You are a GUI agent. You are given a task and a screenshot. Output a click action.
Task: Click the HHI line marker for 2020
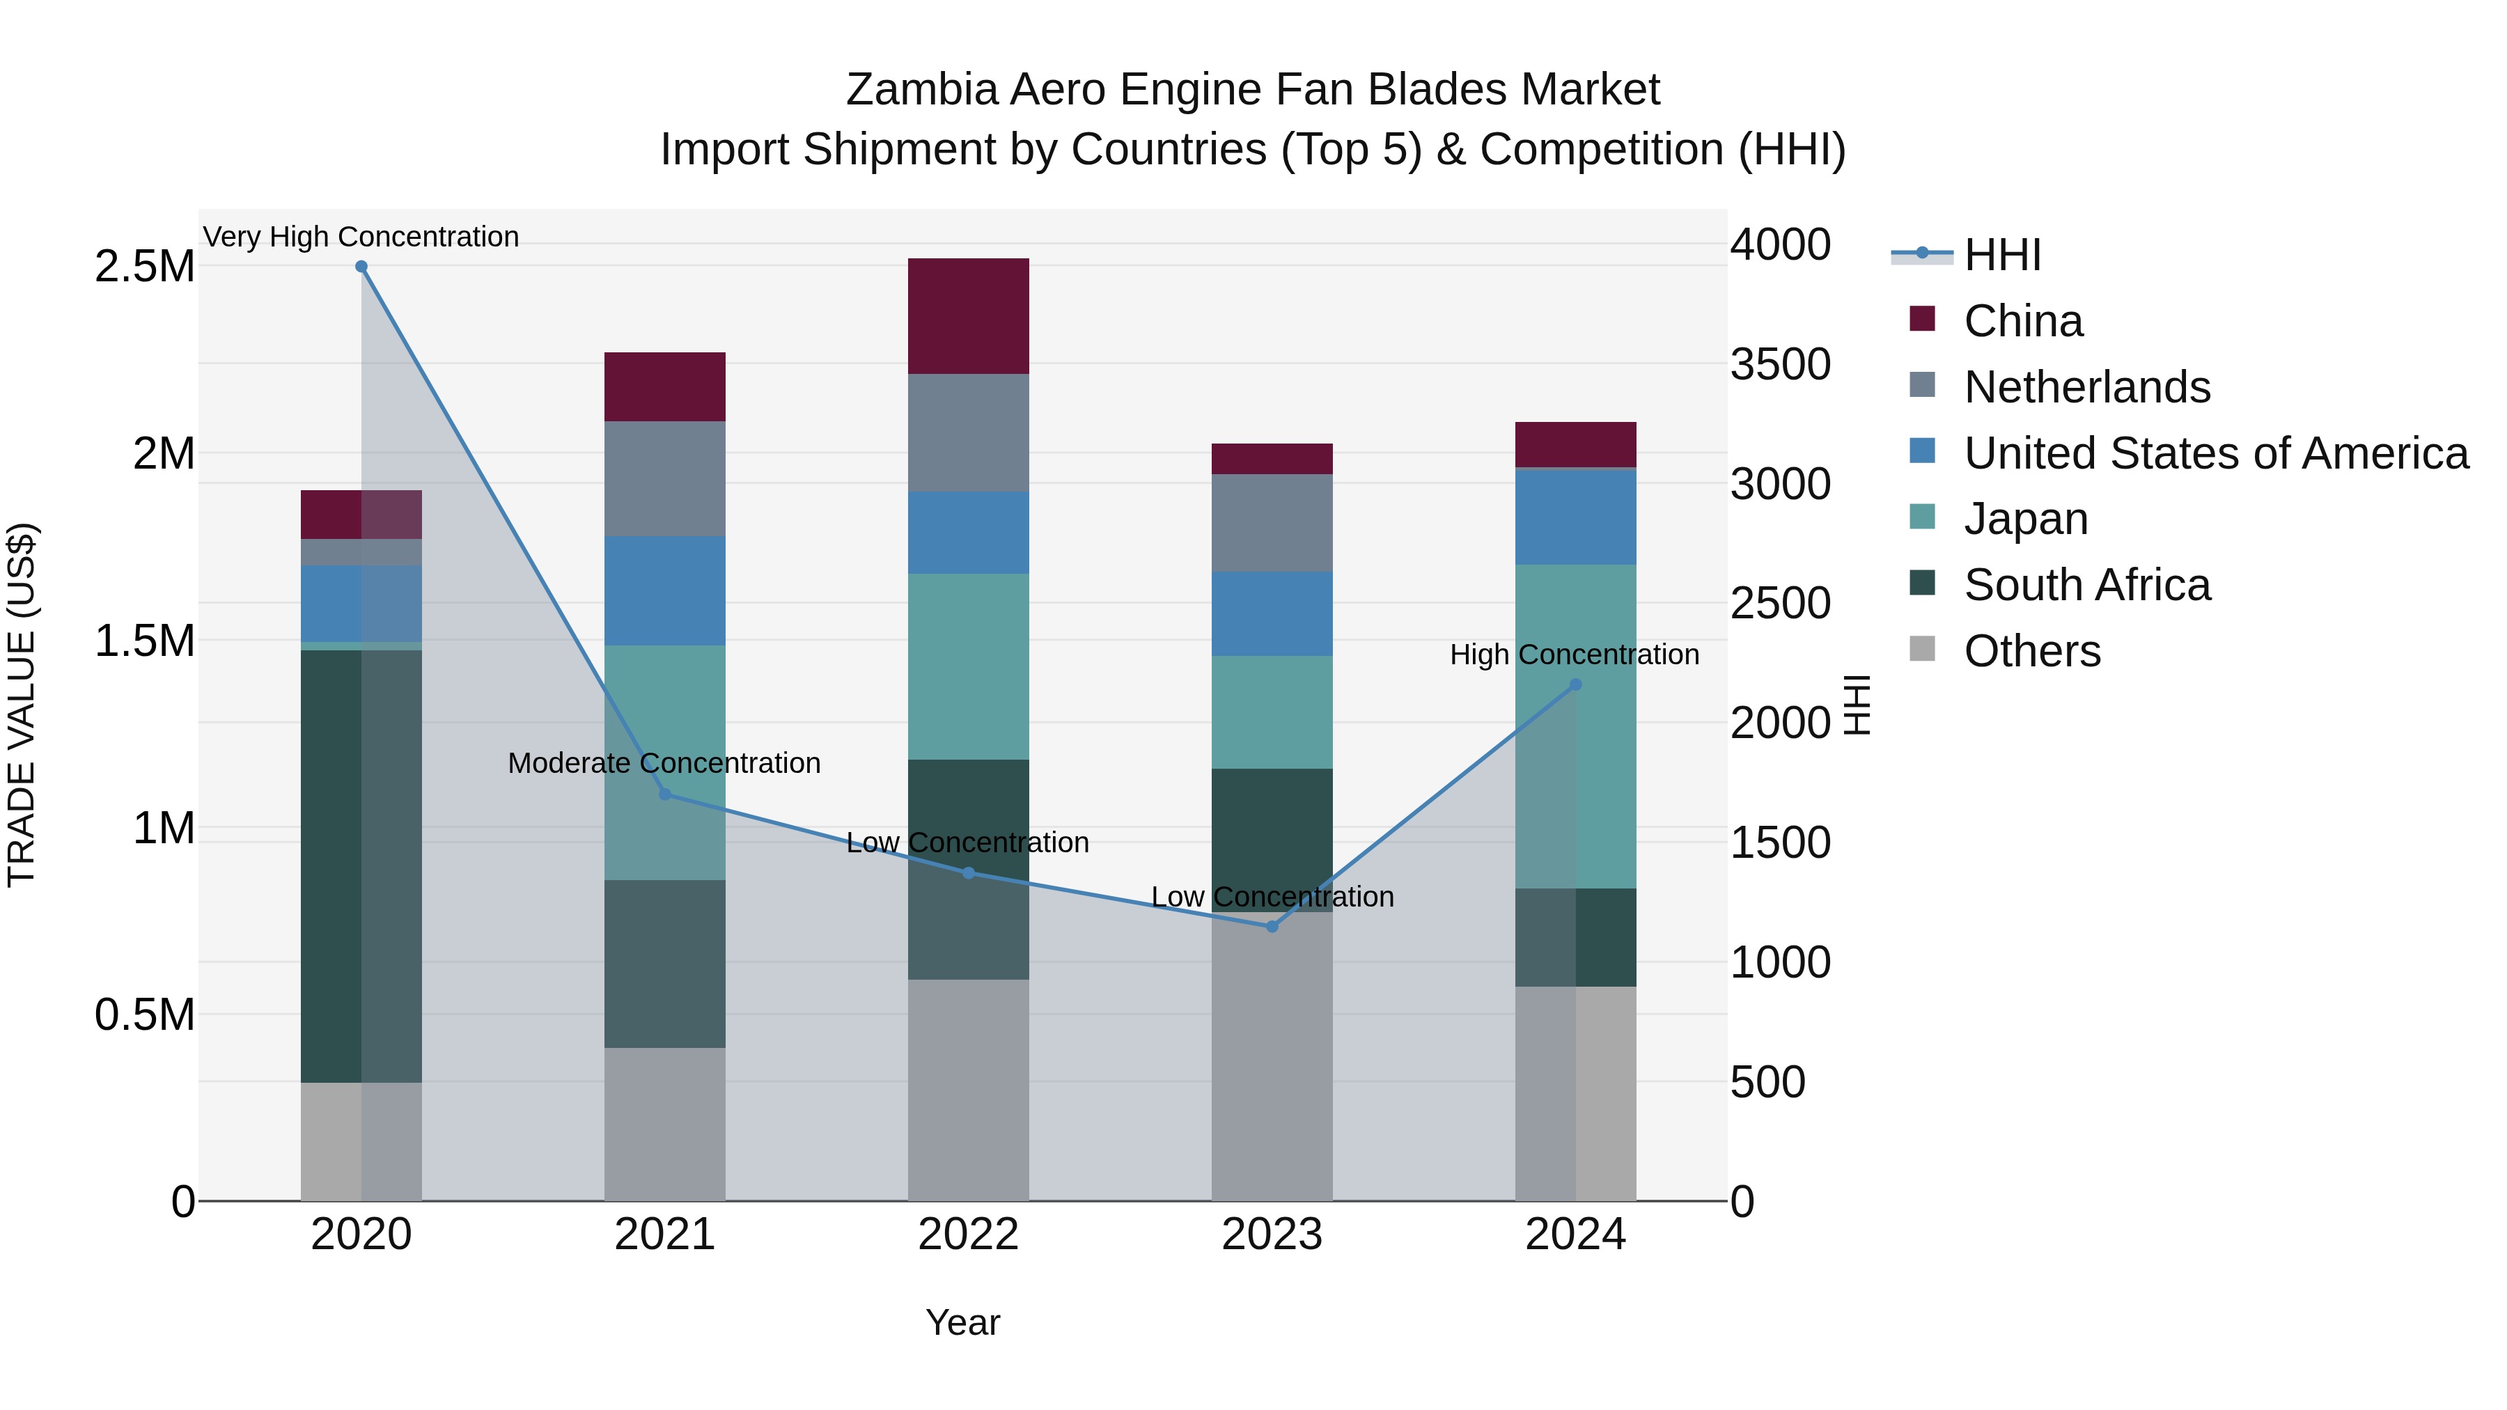coord(361,267)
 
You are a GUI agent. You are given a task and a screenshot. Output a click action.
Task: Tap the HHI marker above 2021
coord(665,794)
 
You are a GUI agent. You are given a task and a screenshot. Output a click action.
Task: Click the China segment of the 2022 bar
coord(969,316)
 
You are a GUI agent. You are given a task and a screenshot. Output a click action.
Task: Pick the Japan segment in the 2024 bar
coord(1576,726)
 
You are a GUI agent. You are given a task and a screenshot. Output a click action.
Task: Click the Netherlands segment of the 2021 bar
coord(665,479)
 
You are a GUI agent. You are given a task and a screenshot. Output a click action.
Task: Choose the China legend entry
coord(2022,321)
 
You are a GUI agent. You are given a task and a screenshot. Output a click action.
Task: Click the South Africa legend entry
coord(2086,585)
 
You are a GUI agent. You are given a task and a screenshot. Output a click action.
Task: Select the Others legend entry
coord(2032,651)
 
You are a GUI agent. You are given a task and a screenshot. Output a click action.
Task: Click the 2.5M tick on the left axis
coord(145,267)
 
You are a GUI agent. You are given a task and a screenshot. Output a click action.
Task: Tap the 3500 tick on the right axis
coord(1780,364)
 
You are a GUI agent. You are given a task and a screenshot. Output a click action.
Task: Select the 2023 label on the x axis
coord(1272,1235)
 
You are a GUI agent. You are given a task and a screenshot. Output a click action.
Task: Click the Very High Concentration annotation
coord(361,237)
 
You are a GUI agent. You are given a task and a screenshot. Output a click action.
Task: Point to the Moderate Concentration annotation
coord(665,763)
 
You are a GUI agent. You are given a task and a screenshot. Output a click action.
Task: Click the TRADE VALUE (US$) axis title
coord(22,705)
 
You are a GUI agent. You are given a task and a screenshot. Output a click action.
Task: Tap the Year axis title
coord(962,1322)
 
